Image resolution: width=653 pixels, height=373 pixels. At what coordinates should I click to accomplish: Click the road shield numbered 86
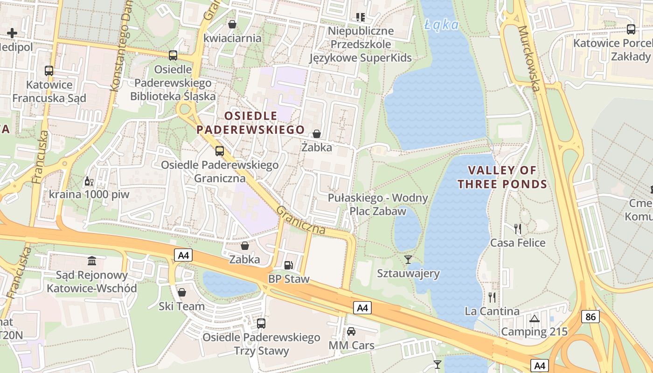point(590,317)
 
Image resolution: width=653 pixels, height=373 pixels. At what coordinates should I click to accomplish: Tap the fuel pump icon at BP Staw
point(289,265)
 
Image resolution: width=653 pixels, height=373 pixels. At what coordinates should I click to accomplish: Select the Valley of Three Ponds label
point(502,177)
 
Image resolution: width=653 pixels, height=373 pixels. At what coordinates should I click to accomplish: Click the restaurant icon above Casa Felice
point(517,228)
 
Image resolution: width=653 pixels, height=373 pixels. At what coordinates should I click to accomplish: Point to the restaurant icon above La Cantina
point(492,297)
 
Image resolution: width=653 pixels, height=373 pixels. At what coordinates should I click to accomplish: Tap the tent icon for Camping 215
point(534,318)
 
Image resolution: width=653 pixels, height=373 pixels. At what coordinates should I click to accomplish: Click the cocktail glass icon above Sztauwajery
point(408,259)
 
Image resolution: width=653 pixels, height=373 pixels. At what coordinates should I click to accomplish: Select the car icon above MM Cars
point(351,332)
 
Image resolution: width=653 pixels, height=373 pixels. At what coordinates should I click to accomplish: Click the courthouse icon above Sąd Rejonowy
point(92,261)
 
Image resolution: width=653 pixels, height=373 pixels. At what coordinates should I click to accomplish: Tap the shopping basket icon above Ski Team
point(182,292)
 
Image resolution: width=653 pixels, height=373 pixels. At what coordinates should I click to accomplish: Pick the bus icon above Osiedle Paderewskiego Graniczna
point(219,151)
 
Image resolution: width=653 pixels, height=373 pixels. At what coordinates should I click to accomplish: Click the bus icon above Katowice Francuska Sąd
point(49,71)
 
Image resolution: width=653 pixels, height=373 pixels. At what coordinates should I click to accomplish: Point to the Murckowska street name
point(529,58)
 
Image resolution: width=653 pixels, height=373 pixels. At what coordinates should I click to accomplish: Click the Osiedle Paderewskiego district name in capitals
point(251,123)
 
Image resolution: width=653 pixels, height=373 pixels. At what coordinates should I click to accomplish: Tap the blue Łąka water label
point(442,24)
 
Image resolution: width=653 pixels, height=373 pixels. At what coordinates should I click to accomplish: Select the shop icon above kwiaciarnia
point(232,24)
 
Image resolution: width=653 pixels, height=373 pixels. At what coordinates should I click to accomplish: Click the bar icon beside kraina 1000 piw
point(88,181)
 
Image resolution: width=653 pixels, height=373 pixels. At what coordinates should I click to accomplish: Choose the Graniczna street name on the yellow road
point(301,220)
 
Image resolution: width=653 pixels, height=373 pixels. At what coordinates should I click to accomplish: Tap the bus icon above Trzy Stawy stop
point(261,323)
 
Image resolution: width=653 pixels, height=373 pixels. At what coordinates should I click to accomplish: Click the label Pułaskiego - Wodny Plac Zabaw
point(378,204)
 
